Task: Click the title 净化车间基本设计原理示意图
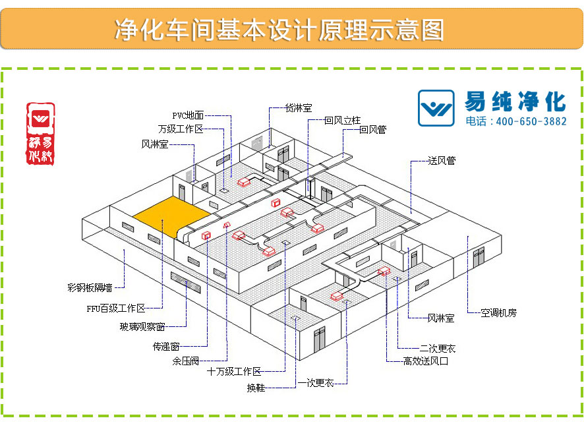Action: pyautogui.click(x=279, y=30)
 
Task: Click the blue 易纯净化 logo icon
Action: pyautogui.click(x=436, y=107)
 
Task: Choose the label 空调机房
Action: pyautogui.click(x=498, y=312)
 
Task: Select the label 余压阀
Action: pyautogui.click(x=186, y=361)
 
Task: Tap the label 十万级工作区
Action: pyautogui.click(x=234, y=372)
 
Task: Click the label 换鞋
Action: pyautogui.click(x=256, y=388)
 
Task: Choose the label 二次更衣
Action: pyautogui.click(x=438, y=348)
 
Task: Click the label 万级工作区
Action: pyautogui.click(x=181, y=129)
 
